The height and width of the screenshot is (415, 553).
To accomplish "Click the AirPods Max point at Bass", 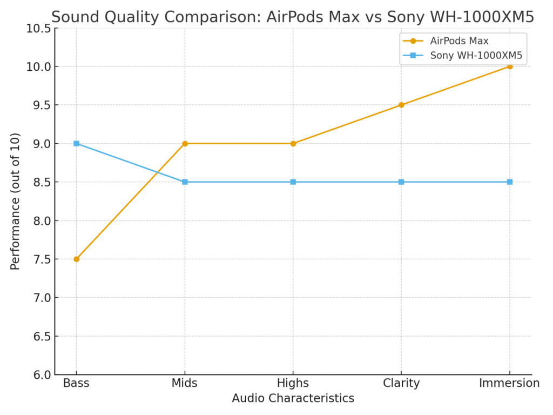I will coord(76,259).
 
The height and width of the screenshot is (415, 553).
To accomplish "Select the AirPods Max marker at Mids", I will coord(185,143).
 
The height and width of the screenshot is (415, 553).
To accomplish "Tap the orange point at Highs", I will coord(293,143).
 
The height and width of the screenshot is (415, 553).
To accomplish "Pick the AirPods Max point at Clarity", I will coord(401,105).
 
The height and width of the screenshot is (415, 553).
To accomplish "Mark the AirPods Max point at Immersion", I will coord(509,66).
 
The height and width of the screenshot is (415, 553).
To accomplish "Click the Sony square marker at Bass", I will coord(76,143).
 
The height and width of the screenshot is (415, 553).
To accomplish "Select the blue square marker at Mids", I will coord(185,182).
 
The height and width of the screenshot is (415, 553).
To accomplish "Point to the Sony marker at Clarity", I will coord(401,182).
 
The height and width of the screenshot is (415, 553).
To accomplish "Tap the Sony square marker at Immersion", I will coord(509,182).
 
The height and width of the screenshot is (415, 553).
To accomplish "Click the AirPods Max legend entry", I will coord(459,41).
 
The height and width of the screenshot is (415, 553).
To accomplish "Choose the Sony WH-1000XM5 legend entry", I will coord(475,55).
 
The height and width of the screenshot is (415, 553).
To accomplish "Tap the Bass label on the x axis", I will coord(76,383).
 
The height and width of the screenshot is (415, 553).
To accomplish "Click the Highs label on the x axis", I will coord(293,383).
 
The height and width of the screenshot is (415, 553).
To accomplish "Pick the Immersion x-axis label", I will coord(509,383).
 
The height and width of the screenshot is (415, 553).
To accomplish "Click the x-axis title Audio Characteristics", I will coord(293,399).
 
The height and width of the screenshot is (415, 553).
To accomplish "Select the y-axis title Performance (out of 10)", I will coord(15,201).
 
